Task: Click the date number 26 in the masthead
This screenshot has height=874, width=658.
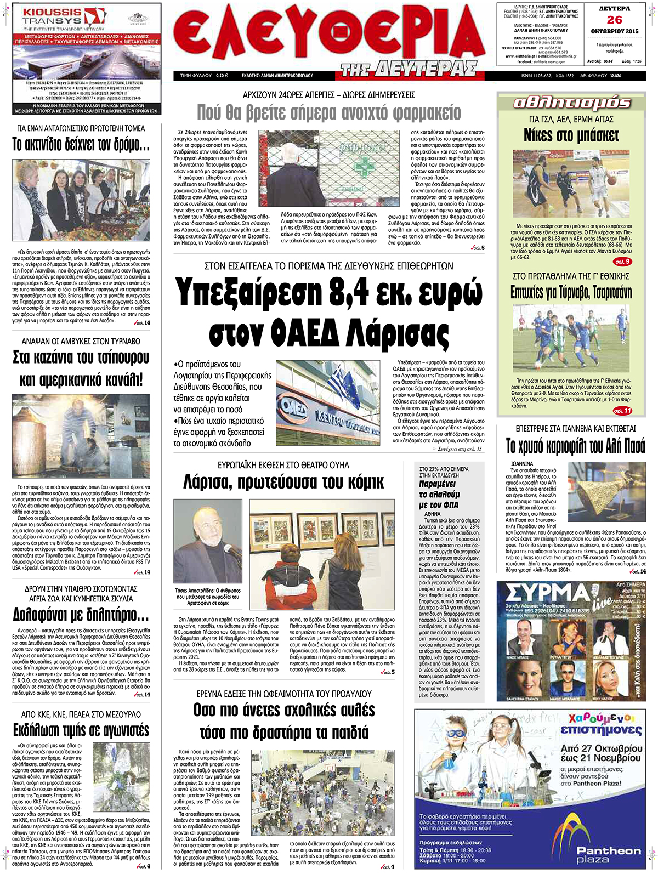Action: pos(614,20)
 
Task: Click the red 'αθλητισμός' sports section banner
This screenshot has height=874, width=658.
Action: pos(571,103)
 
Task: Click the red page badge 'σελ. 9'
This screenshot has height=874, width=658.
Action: pos(622,262)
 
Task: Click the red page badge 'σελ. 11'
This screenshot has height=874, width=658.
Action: pos(622,410)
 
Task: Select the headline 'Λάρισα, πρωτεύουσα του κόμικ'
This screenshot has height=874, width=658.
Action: pos(283,483)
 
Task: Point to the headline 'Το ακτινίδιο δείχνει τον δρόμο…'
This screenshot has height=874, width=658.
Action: pos(81,145)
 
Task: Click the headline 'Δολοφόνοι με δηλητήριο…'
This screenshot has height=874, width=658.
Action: pos(81,614)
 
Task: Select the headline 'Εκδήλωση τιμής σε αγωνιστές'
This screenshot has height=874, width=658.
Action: pos(81,730)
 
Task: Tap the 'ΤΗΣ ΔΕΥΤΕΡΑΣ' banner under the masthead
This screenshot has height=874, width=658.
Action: pos(408,69)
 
